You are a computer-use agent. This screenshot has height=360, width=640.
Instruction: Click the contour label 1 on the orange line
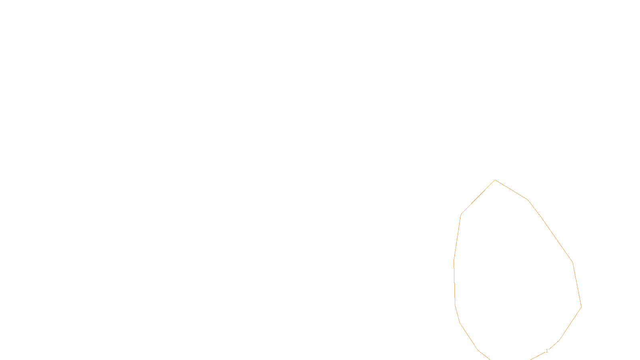[x=547, y=351]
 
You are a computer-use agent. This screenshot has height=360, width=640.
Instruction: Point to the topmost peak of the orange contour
[x=495, y=180]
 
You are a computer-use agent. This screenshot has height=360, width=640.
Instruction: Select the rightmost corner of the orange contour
[x=581, y=307]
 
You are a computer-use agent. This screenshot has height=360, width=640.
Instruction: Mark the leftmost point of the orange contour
[x=454, y=260]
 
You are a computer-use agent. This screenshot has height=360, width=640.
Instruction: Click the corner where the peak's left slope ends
[x=461, y=214]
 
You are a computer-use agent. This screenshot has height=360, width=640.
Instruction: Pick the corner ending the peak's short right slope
[x=528, y=200]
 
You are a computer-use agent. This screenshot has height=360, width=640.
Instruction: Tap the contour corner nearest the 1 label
[x=559, y=340]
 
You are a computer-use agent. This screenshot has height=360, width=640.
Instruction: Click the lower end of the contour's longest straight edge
[x=572, y=262]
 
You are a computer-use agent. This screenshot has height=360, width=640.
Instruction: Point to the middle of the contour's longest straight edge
[x=550, y=231]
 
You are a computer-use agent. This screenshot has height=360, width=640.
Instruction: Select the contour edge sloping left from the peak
[x=478, y=197]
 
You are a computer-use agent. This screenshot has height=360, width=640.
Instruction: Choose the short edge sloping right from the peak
[x=512, y=190]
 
